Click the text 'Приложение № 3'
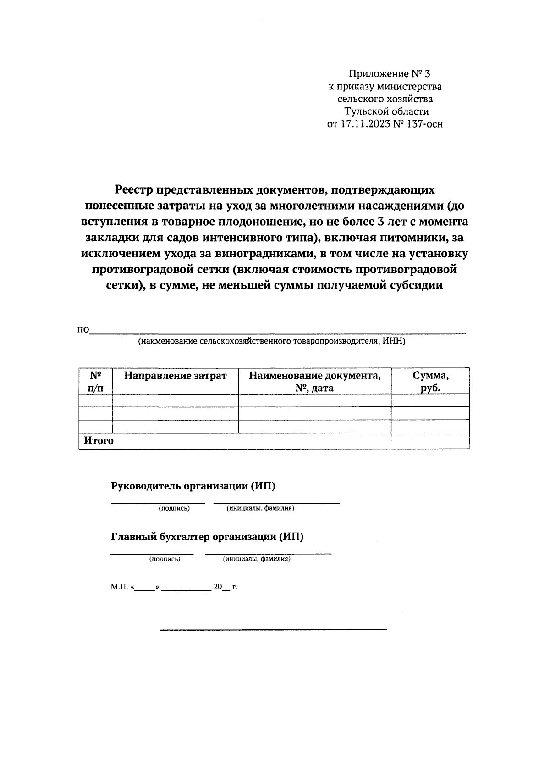click(x=390, y=74)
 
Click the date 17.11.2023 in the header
click(x=364, y=123)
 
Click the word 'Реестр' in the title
click(x=133, y=189)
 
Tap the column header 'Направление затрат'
click(x=175, y=376)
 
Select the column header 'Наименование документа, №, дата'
click(x=314, y=382)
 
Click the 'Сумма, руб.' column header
click(x=430, y=382)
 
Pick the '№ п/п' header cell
click(x=95, y=382)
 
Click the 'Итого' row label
click(x=99, y=441)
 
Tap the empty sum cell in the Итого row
click(x=430, y=441)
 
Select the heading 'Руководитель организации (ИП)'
click(x=193, y=486)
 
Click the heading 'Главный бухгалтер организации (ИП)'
click(x=207, y=537)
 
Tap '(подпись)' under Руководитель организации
click(x=174, y=508)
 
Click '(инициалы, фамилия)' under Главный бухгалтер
click(x=257, y=559)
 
